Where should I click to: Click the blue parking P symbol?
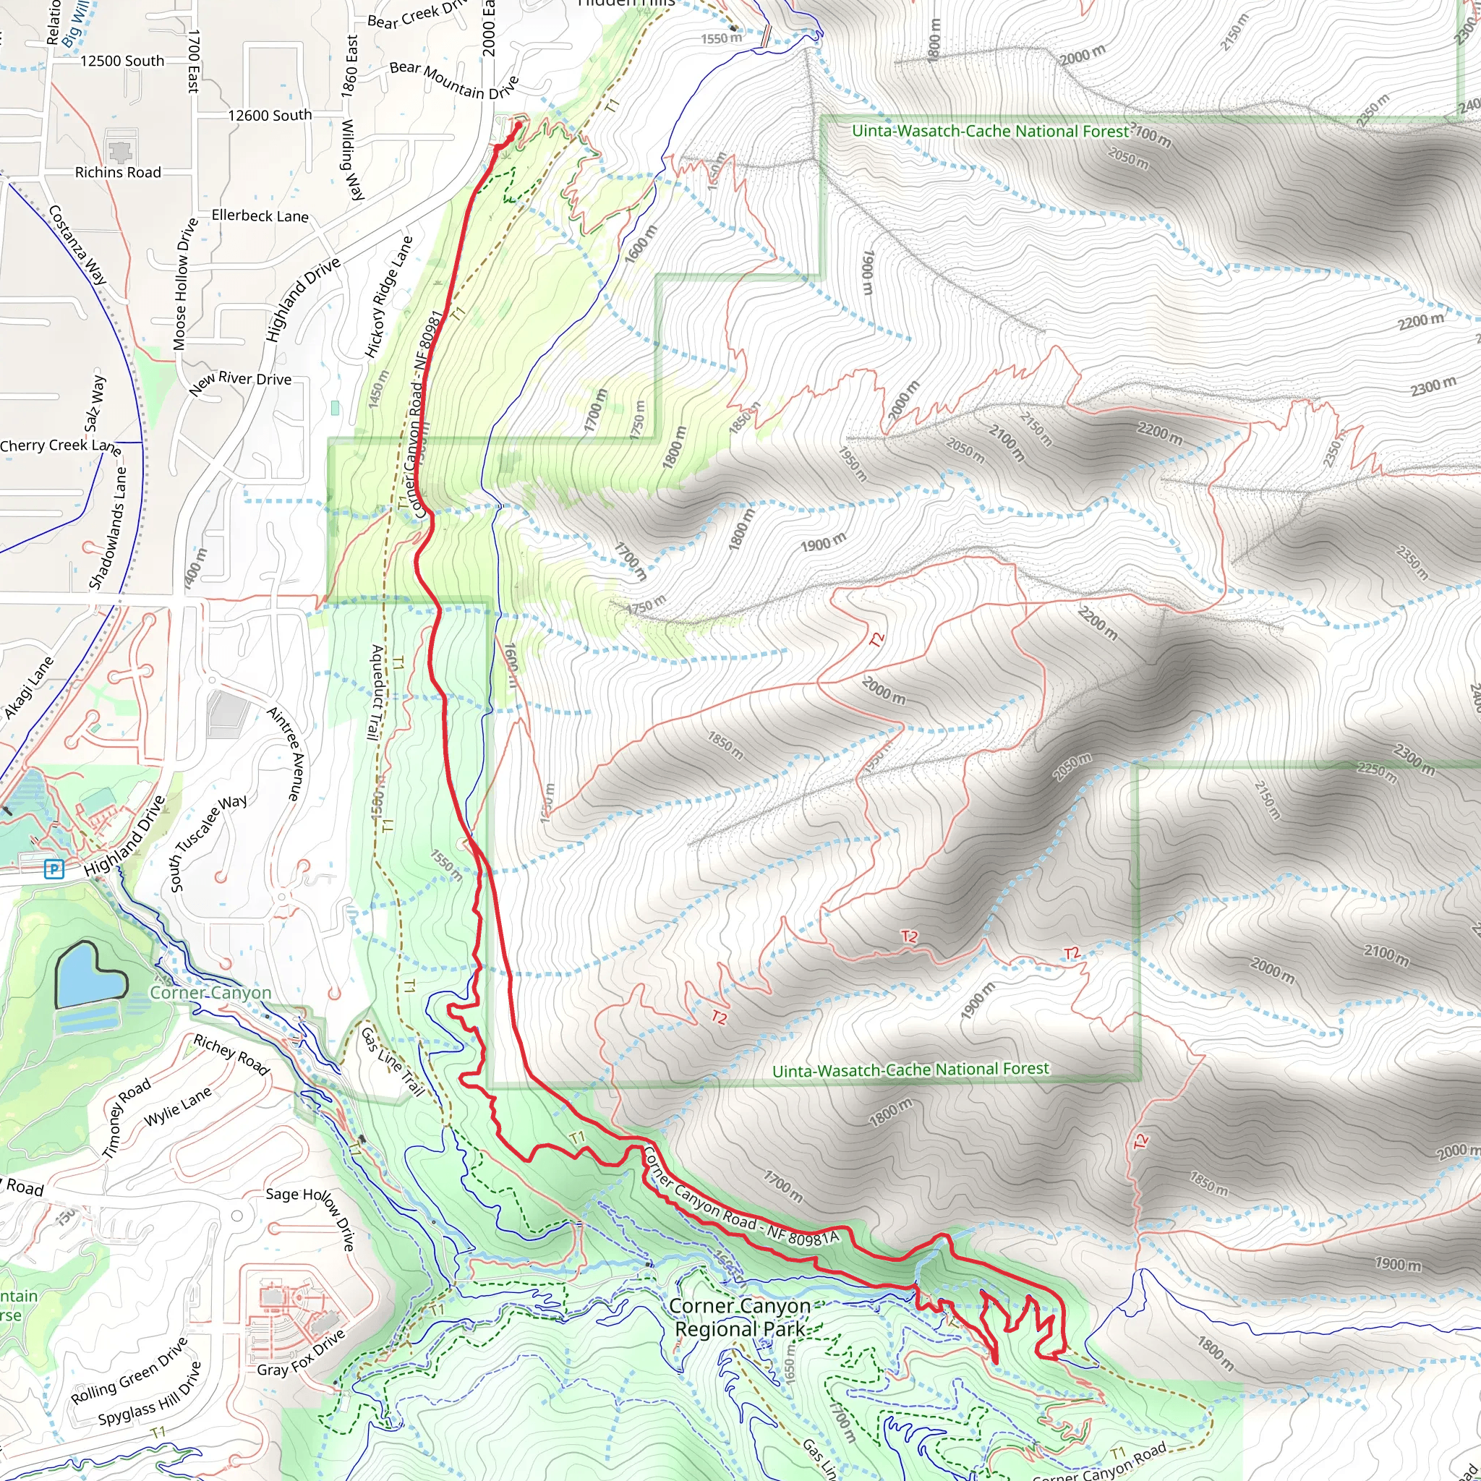click(x=54, y=868)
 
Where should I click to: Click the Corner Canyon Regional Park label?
click(x=740, y=1317)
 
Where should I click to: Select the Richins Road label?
click(x=118, y=173)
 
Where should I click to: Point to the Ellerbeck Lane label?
click(x=260, y=216)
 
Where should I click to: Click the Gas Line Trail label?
click(x=393, y=1062)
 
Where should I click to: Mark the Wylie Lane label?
click(x=177, y=1108)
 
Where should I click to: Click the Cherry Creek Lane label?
click(x=61, y=446)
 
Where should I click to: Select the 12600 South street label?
click(x=270, y=116)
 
